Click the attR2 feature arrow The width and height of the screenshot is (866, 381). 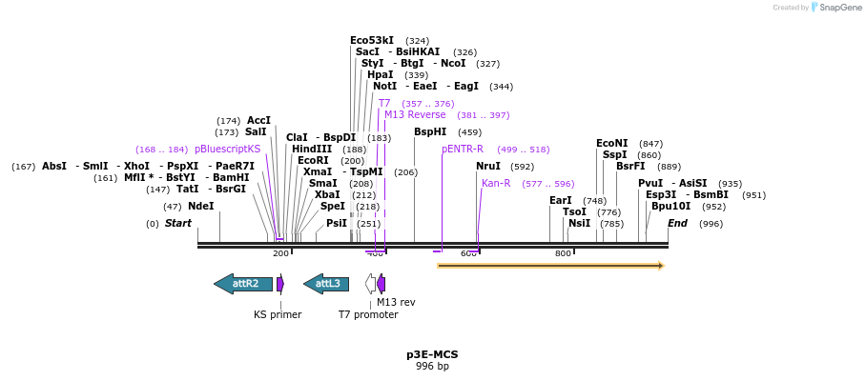243,284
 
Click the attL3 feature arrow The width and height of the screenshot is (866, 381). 326,284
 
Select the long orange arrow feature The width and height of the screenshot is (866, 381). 549,266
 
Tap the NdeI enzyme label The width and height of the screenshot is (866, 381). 201,206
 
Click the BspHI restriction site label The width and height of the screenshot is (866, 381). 430,132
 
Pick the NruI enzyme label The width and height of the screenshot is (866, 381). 488,166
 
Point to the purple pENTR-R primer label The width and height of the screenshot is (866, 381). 463,149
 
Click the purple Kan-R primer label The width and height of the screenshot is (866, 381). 496,183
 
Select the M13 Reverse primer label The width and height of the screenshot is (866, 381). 415,114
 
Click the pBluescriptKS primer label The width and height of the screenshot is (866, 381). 228,149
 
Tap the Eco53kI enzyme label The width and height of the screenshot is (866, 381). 372,40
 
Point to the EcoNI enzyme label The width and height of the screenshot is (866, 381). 612,143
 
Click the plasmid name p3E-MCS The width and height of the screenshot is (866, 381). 432,354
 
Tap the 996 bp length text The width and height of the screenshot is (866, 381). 432,366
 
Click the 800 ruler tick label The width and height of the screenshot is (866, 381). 563,253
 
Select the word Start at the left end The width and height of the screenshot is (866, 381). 178,223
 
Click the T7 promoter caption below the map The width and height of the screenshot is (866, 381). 368,314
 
